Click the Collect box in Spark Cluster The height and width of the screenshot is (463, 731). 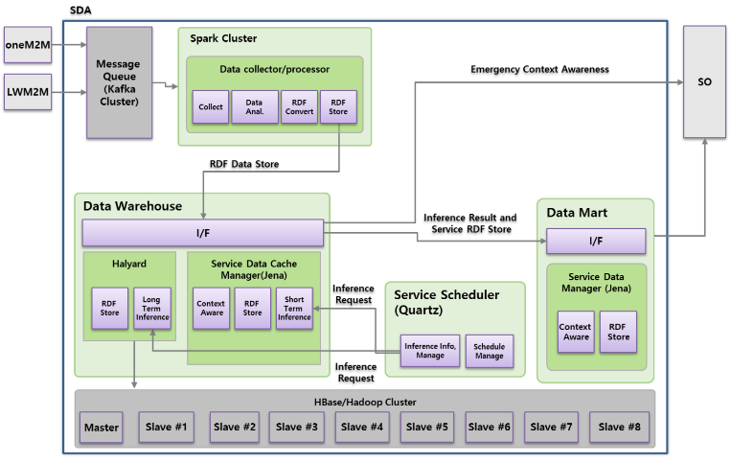pyautogui.click(x=210, y=107)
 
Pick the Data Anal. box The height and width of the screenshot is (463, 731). pyautogui.click(x=254, y=107)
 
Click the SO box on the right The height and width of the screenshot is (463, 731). pyautogui.click(x=704, y=82)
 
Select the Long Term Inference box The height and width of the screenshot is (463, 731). pyautogui.click(x=151, y=308)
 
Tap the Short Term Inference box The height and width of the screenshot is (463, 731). pyautogui.click(x=294, y=308)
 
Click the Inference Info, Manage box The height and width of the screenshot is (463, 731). pyautogui.click(x=429, y=352)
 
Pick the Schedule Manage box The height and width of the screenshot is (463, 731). pyautogui.click(x=489, y=352)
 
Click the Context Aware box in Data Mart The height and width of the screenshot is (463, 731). pyautogui.click(x=575, y=332)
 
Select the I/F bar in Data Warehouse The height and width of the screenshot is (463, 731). pyautogui.click(x=202, y=233)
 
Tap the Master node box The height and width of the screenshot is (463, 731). pyautogui.click(x=102, y=427)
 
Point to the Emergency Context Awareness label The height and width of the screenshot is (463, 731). pyautogui.click(x=539, y=69)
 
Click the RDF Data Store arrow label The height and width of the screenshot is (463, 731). pyautogui.click(x=244, y=164)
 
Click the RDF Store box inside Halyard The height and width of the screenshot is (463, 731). pyautogui.click(x=108, y=308)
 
